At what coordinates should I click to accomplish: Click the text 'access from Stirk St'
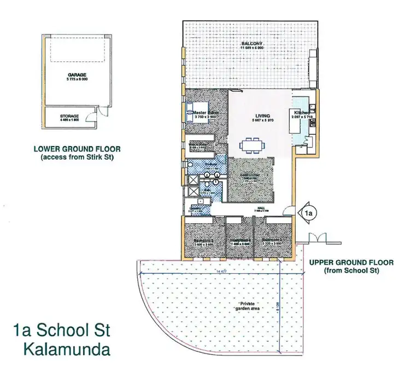tap(77, 158)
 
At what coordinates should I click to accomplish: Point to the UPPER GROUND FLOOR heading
tap(351, 263)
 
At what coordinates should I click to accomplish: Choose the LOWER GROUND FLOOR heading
tap(77, 149)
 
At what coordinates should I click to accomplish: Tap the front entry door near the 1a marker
tap(289, 210)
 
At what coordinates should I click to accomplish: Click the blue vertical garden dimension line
tap(280, 296)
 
